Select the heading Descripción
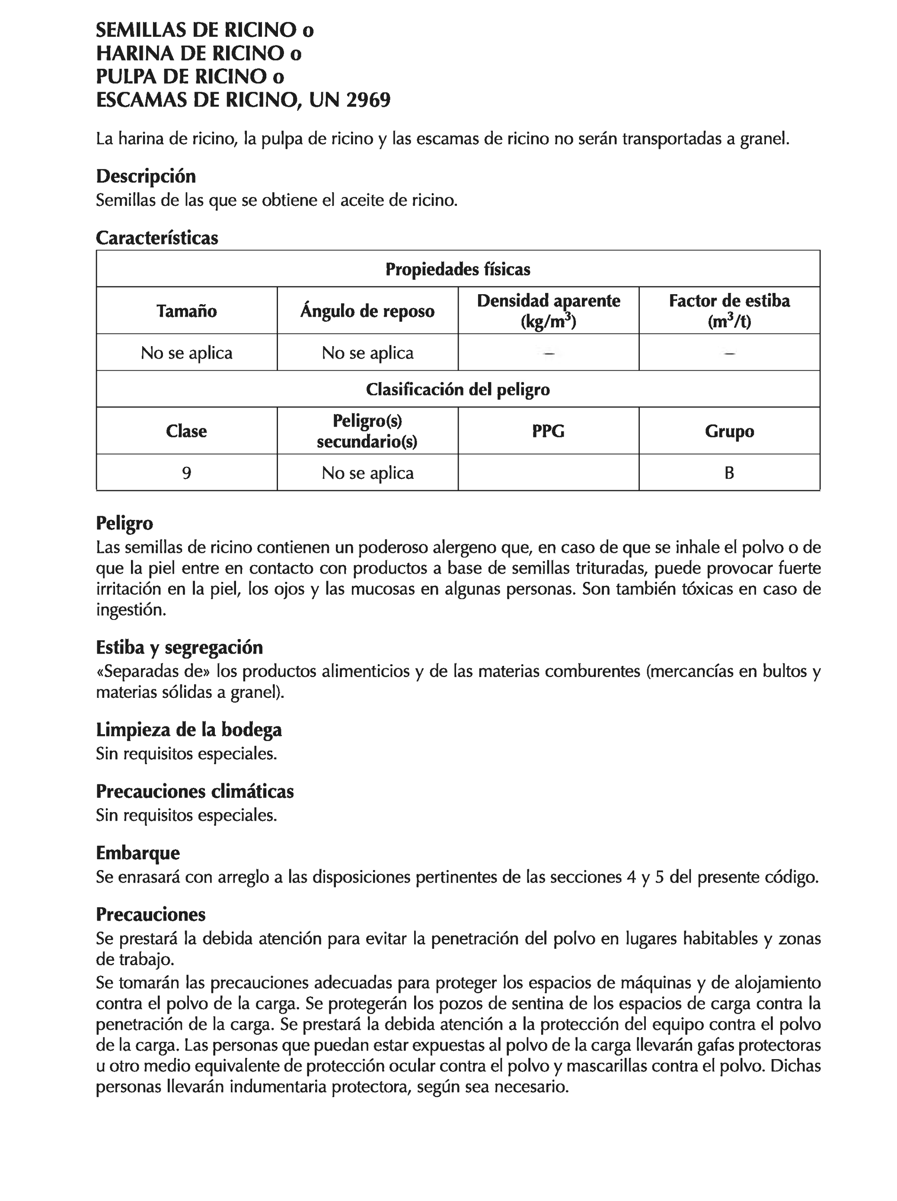145,177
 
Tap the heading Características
157,238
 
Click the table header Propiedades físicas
457,269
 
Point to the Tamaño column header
186,311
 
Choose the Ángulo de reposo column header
367,311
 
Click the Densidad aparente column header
548,302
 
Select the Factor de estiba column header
729,302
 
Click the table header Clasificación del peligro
457,389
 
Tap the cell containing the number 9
186,473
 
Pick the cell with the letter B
729,473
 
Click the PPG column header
548,431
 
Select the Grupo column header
729,431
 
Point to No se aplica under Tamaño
186,353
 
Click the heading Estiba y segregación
179,647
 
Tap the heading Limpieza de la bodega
189,730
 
